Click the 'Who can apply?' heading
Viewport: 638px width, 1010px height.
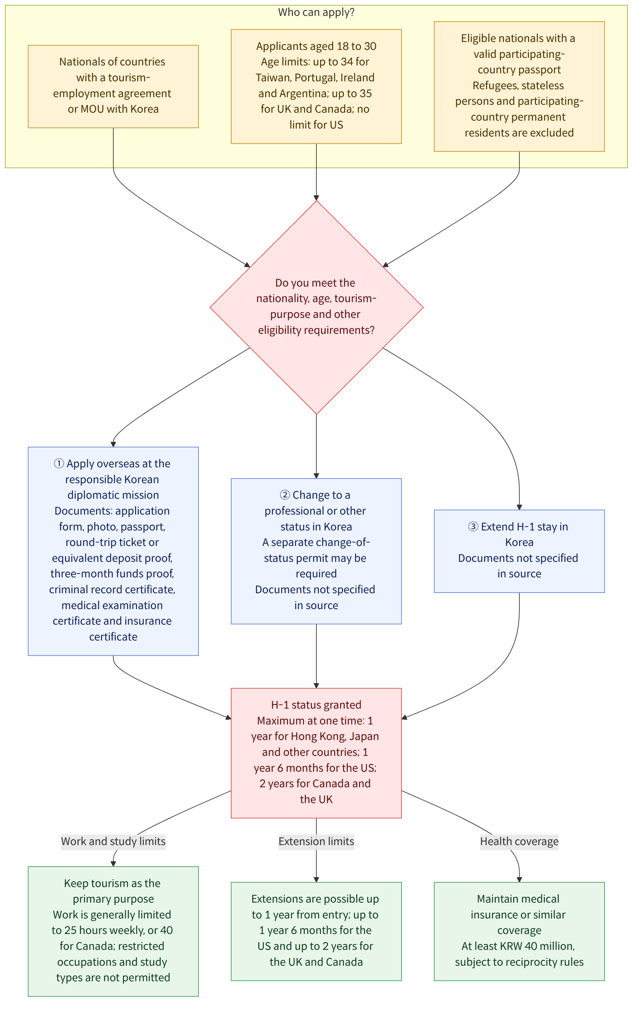click(316, 12)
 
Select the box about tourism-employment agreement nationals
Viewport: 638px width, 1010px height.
click(113, 86)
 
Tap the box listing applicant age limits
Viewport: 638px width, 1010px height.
click(316, 86)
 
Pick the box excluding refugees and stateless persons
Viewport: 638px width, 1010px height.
click(519, 86)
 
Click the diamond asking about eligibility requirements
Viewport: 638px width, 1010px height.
click(316, 307)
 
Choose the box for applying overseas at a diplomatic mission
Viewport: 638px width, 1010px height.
click(113, 551)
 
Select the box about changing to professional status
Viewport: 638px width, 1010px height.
click(316, 551)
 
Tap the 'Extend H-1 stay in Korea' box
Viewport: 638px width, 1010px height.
click(519, 551)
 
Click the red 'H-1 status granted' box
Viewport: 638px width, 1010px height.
click(316, 753)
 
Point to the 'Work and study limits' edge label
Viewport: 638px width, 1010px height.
click(113, 841)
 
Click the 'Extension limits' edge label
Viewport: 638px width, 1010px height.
click(316, 841)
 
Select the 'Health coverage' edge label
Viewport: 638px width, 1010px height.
click(519, 841)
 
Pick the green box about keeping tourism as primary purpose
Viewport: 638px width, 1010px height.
click(113, 931)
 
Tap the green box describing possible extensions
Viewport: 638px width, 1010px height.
click(316, 931)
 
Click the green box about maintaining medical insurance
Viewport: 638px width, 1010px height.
click(519, 931)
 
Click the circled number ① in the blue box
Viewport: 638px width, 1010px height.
click(59, 463)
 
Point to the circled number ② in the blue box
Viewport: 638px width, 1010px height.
click(285, 495)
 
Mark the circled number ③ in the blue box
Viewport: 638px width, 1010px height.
click(473, 526)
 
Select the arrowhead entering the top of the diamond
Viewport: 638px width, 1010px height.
click(316, 198)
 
